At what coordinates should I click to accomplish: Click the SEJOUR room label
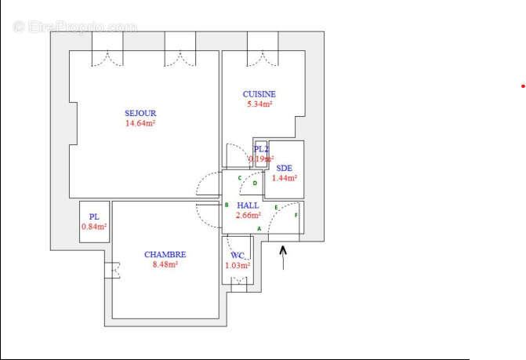tap(140, 114)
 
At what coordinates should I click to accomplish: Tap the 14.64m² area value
tap(140, 123)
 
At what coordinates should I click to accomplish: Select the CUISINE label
tap(259, 94)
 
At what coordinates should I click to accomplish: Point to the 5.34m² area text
tap(259, 104)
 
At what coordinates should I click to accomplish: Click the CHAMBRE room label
tap(165, 254)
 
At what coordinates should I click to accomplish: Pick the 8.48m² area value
tap(165, 264)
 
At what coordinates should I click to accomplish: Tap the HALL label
tap(248, 205)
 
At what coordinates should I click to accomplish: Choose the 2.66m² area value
tap(248, 215)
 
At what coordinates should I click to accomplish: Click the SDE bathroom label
tap(284, 168)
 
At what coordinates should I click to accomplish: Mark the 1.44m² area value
tap(284, 178)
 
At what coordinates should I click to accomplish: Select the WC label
tap(238, 256)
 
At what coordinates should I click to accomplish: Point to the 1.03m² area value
tap(238, 265)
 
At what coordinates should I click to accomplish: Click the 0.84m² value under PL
tap(94, 227)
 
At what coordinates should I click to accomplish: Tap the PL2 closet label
tap(261, 149)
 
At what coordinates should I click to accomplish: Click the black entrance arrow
tap(284, 256)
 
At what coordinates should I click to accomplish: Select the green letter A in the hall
tap(259, 228)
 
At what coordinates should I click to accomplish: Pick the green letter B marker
tap(227, 205)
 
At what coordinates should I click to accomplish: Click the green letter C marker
tap(240, 178)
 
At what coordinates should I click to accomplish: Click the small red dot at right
tap(523, 85)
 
